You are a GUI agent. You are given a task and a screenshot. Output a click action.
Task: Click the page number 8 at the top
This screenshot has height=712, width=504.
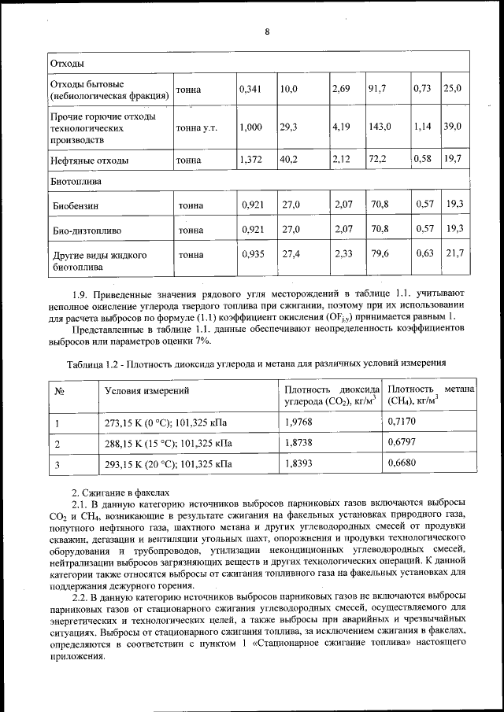click(268, 31)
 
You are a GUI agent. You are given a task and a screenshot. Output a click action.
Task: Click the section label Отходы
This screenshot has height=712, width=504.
click(68, 63)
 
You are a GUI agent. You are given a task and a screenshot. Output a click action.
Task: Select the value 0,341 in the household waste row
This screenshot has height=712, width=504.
click(250, 90)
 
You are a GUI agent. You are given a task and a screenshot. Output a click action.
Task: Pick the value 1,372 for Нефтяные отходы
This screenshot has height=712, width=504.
click(250, 160)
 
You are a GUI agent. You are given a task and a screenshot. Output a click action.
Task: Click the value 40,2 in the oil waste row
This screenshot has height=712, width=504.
click(289, 160)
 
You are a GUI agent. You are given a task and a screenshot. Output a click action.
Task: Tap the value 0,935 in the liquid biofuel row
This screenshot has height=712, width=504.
click(254, 254)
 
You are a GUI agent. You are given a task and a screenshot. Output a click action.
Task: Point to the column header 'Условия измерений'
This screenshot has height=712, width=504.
click(146, 390)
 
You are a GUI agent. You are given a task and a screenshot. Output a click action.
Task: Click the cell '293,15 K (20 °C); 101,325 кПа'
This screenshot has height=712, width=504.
click(169, 464)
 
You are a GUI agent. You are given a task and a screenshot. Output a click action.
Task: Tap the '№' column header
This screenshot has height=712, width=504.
click(61, 390)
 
